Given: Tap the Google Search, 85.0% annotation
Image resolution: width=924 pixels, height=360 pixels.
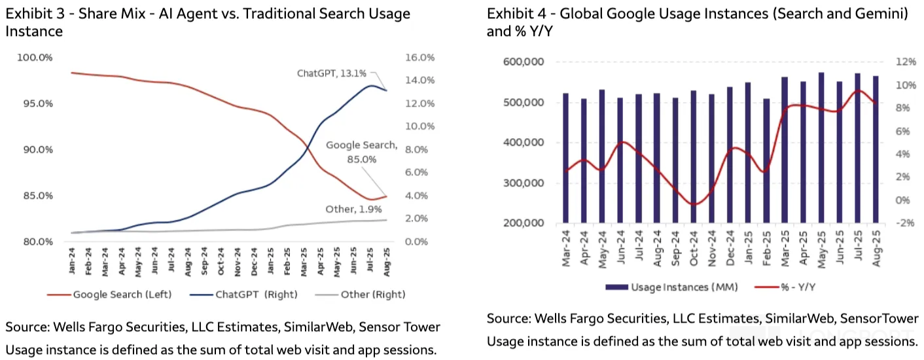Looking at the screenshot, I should [x=361, y=152].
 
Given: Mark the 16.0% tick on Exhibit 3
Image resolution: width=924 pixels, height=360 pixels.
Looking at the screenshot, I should [x=420, y=58].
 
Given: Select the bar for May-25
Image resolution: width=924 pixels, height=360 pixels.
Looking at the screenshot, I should [x=821, y=147].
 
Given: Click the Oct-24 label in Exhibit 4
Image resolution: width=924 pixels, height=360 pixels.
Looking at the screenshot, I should [x=693, y=249].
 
